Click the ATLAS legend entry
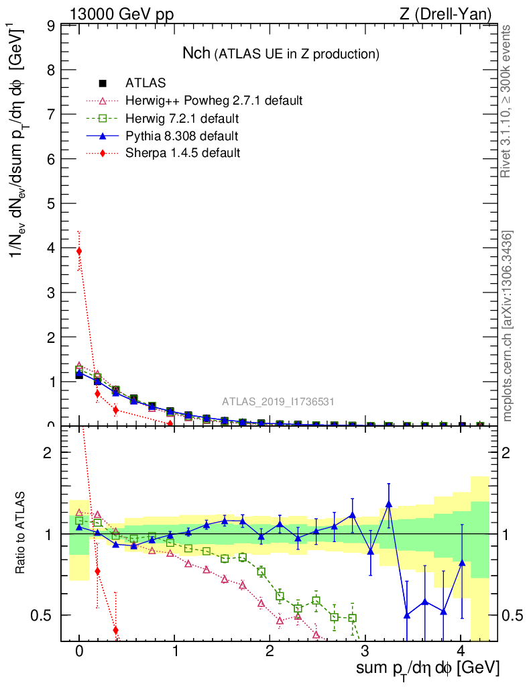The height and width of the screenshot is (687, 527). (145, 84)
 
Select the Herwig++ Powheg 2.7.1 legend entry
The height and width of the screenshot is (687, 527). (214, 101)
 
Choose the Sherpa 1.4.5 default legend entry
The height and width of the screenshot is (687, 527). (182, 153)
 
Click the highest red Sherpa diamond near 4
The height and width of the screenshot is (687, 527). (79, 251)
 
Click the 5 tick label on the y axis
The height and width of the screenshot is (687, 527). (50, 203)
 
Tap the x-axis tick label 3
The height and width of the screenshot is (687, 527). (365, 651)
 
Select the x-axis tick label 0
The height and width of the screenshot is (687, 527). (79, 651)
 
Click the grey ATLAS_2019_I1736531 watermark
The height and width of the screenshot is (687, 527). (278, 402)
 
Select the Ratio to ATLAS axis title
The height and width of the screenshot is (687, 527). (21, 533)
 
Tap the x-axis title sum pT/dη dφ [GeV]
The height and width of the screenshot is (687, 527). (427, 668)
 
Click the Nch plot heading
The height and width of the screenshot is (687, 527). (282, 53)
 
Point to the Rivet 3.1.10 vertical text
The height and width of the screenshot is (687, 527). (507, 101)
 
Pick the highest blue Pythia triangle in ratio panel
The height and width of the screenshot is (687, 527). (389, 503)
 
